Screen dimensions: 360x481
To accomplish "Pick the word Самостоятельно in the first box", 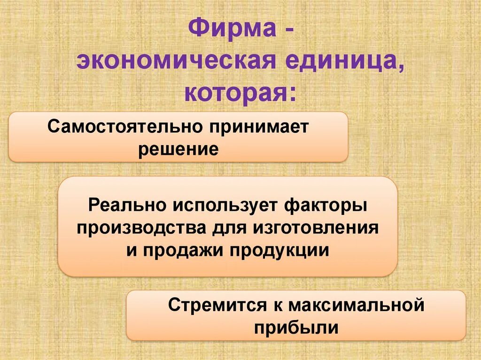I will (x=124, y=127).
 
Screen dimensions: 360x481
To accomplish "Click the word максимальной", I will (x=356, y=306).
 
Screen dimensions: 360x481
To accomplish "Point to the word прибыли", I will (x=295, y=327).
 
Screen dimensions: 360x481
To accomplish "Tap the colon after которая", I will (x=293, y=93).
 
